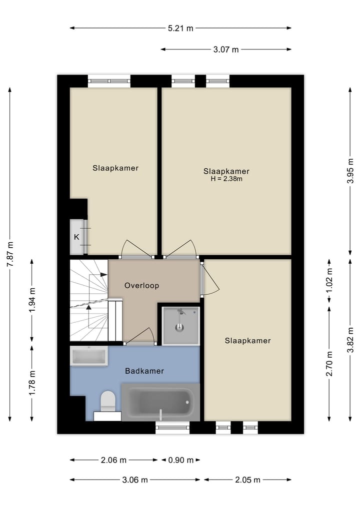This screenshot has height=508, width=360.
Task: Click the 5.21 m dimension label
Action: point(180,28)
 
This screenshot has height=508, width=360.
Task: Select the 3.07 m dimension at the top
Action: point(226,49)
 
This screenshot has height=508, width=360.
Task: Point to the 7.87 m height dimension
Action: point(10,254)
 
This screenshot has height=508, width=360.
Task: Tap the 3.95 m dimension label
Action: point(350,171)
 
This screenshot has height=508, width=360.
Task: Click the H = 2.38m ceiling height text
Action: point(226,179)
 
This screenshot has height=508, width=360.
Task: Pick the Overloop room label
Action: point(141,286)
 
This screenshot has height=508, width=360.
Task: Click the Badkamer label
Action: point(144,371)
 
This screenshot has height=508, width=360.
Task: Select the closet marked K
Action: point(76,237)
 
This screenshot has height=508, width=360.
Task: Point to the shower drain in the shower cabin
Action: point(180,328)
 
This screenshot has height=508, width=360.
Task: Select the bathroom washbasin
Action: point(89,357)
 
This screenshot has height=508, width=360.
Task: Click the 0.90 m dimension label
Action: point(180,460)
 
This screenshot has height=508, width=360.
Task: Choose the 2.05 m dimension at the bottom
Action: point(247,480)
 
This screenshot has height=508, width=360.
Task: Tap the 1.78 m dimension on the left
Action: point(32,383)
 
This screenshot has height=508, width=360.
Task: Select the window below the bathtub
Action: point(172,427)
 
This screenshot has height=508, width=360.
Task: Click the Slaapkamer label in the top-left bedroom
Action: point(115,168)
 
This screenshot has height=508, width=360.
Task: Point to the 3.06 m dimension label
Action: point(135,480)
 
